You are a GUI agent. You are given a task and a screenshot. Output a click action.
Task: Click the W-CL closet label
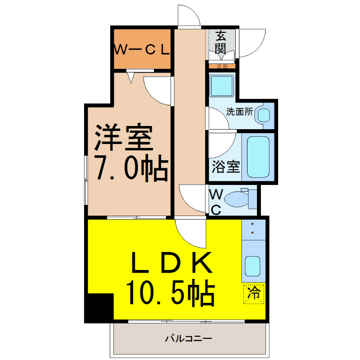[x=142, y=50]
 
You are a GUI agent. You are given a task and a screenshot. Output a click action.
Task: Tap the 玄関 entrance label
[x=220, y=42]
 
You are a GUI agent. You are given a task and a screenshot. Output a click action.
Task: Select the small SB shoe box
[x=222, y=67]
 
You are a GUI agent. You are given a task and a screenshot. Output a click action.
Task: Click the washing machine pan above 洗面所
[x=221, y=86]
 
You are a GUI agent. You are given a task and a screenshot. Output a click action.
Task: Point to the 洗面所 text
[x=239, y=112]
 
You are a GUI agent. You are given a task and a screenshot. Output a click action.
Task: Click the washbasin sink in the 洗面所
[x=264, y=115]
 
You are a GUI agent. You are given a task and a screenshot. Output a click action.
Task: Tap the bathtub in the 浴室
[x=258, y=157]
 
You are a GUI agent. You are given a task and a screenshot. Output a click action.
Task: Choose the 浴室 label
[x=226, y=166]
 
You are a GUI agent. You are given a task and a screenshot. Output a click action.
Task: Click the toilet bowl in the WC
[x=237, y=199]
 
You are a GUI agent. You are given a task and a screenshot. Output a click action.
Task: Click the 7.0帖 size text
[x=132, y=168]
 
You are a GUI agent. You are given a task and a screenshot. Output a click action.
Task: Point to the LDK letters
[x=171, y=262]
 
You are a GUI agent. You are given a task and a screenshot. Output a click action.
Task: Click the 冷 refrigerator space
[x=254, y=294]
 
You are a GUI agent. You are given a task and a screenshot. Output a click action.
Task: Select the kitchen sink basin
[x=252, y=266]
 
